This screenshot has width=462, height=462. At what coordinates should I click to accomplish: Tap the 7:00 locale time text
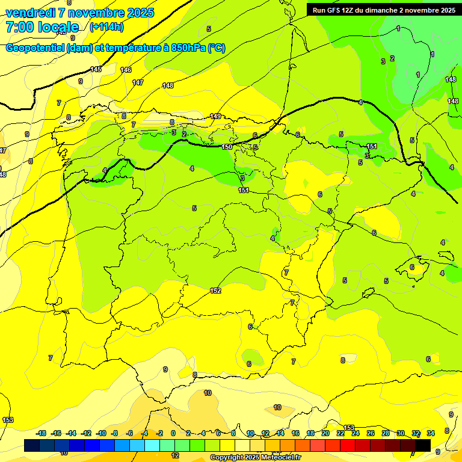[x=42, y=27]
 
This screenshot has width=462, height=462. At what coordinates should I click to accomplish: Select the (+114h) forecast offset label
[x=106, y=27]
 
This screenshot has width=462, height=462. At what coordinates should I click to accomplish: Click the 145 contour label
[x=96, y=70]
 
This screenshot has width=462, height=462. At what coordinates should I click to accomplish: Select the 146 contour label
[x=126, y=70]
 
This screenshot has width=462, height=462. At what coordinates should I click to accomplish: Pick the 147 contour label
[x=138, y=82]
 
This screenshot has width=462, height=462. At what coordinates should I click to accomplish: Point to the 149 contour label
[x=216, y=116]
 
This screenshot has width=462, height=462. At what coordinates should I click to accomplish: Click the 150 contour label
[x=227, y=147]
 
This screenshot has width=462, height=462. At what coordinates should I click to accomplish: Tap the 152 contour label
[x=215, y=291]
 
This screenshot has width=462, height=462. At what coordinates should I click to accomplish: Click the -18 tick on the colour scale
[x=42, y=433]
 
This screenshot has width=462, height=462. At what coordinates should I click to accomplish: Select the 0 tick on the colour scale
[x=173, y=433]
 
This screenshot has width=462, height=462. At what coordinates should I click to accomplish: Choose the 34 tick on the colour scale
[x=431, y=433]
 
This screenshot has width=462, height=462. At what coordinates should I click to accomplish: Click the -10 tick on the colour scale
[x=101, y=433]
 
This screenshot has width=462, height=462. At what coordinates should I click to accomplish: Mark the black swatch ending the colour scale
[x=423, y=445]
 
